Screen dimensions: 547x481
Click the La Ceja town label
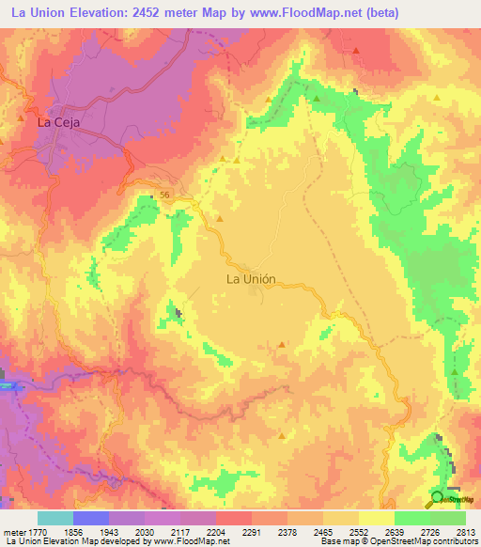click(57, 122)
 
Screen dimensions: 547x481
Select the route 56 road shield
click(164, 194)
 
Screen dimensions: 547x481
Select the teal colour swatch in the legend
click(54, 518)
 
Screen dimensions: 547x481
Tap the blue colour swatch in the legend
click(90, 518)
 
